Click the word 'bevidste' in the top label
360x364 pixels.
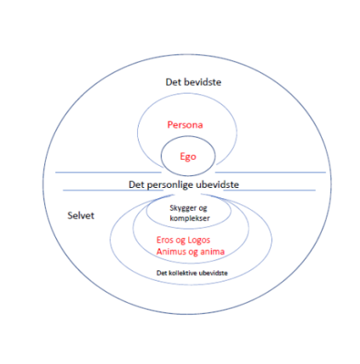click(x=203, y=82)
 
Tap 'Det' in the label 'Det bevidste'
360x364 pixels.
click(x=174, y=82)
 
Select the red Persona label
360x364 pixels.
click(x=185, y=125)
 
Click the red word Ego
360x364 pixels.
click(x=188, y=156)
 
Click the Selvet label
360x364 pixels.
click(x=81, y=215)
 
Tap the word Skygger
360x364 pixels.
click(x=183, y=208)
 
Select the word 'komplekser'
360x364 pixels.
click(x=190, y=219)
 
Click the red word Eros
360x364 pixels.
click(x=165, y=240)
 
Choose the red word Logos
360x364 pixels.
click(x=198, y=240)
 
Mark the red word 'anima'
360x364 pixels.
click(x=213, y=252)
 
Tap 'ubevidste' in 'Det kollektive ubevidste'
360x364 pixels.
click(x=214, y=273)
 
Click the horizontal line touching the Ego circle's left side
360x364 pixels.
click(x=108, y=172)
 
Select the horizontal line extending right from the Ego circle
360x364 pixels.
click(x=271, y=172)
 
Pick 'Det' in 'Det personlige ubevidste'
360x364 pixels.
click(x=136, y=185)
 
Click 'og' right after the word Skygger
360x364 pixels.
click(x=203, y=209)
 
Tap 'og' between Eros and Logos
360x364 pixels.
click(x=180, y=241)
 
